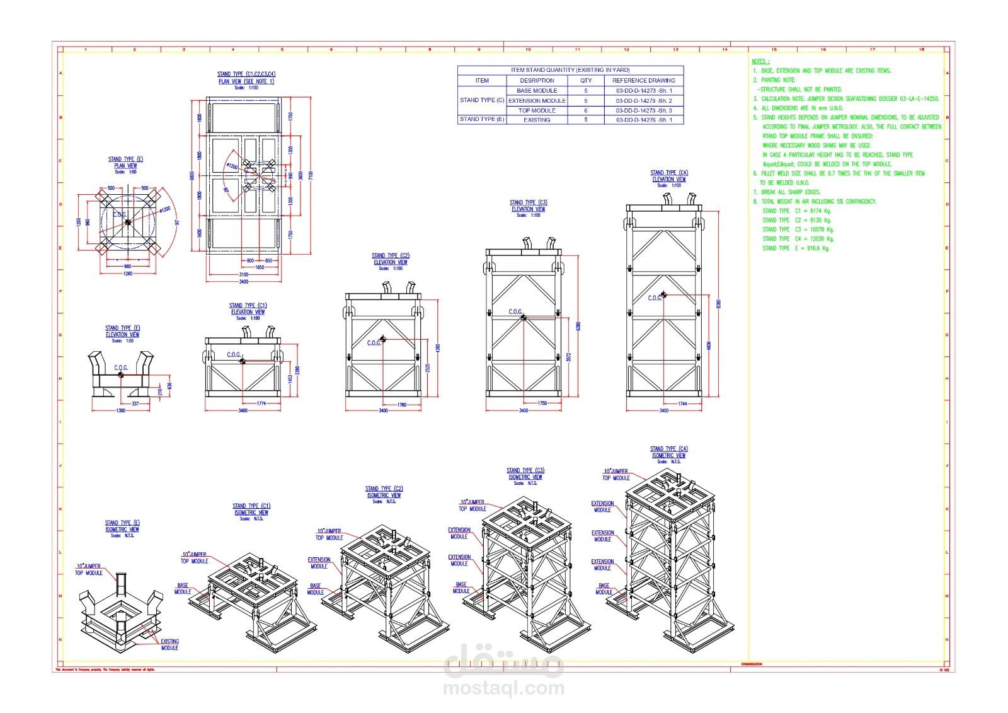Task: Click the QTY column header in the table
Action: pyautogui.click(x=585, y=80)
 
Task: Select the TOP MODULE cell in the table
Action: pyautogui.click(x=537, y=110)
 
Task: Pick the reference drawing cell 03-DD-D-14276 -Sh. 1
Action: pyautogui.click(x=643, y=120)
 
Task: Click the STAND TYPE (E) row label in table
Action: pyautogui.click(x=482, y=119)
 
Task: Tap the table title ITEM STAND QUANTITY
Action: pyautogui.click(x=570, y=70)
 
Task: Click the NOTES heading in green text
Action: pyautogui.click(x=760, y=61)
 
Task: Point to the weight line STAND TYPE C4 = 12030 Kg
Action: pyautogui.click(x=798, y=239)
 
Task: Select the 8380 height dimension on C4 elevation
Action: pyautogui.click(x=719, y=304)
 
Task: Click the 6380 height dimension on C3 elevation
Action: pyautogui.click(x=578, y=326)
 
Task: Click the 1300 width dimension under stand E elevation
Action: pyautogui.click(x=120, y=410)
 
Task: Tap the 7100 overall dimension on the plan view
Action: pyautogui.click(x=311, y=175)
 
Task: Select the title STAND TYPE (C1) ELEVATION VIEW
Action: pyautogui.click(x=248, y=308)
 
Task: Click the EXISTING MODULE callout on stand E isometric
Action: pyautogui.click(x=169, y=644)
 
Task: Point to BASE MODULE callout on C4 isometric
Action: pyautogui.click(x=604, y=589)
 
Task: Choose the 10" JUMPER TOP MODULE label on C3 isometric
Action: pyautogui.click(x=472, y=506)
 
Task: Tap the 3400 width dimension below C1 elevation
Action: pyautogui.click(x=243, y=410)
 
